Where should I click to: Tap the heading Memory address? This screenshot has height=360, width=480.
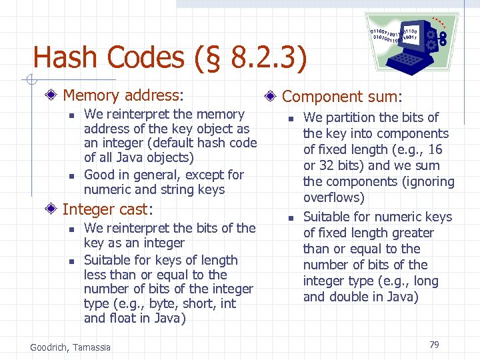click(x=123, y=96)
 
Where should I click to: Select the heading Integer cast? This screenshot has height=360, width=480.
click(x=107, y=209)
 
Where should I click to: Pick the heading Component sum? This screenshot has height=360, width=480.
click(x=342, y=97)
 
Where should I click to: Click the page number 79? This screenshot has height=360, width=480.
click(x=434, y=345)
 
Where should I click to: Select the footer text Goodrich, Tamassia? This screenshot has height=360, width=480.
click(x=71, y=347)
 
